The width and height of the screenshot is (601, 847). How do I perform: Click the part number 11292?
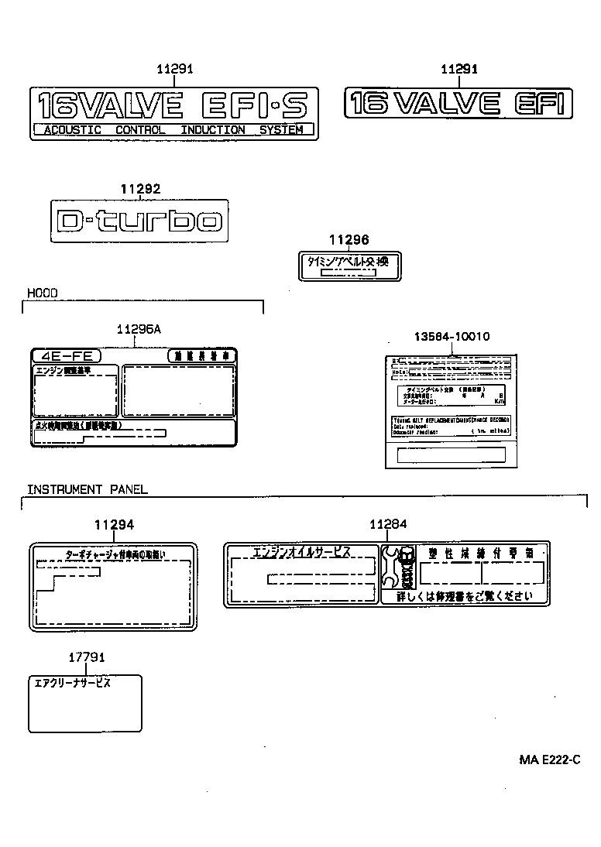coord(140,188)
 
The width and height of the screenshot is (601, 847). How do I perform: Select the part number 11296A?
coord(139,329)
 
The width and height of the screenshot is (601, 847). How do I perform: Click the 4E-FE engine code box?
coord(65,356)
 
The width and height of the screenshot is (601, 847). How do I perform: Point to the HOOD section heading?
coord(43,293)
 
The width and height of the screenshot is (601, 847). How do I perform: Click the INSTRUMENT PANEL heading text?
coord(88,489)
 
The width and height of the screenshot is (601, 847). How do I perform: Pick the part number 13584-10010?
coord(451,337)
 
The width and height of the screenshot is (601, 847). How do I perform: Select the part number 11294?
coord(114,524)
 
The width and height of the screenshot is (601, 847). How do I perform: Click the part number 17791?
coord(85,657)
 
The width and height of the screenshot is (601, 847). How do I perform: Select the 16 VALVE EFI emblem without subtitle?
coord(459,103)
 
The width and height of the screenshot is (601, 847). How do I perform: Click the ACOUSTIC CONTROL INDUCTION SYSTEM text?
coord(173,130)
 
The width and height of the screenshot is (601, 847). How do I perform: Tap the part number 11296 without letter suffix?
coord(349,240)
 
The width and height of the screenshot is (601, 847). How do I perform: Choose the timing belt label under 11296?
coord(349,266)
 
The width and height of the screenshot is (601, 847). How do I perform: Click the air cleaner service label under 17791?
coord(85,703)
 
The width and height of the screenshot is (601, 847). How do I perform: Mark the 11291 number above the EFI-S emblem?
coord(174,70)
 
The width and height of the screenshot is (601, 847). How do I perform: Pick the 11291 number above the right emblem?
coord(459,70)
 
